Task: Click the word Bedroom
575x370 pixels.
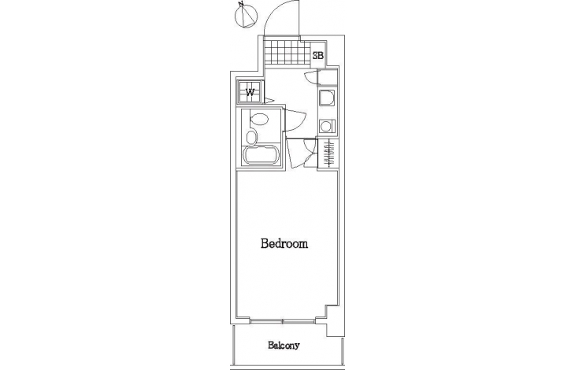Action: pos(284,243)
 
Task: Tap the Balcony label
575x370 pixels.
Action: pos(284,345)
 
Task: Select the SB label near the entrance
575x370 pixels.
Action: pos(318,56)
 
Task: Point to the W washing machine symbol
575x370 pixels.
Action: pos(250,91)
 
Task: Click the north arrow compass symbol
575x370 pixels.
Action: pos(246,16)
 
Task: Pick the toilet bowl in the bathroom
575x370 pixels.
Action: pos(259,118)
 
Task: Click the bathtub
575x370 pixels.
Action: pos(261,155)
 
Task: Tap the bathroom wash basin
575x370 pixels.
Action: pos(251,138)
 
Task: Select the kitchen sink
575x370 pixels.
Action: pos(326,98)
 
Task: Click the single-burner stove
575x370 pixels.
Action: pos(326,127)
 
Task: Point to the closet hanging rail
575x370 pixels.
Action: pos(328,154)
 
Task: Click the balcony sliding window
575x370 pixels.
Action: pos(283,321)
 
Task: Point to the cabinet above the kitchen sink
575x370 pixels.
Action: pos(328,78)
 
